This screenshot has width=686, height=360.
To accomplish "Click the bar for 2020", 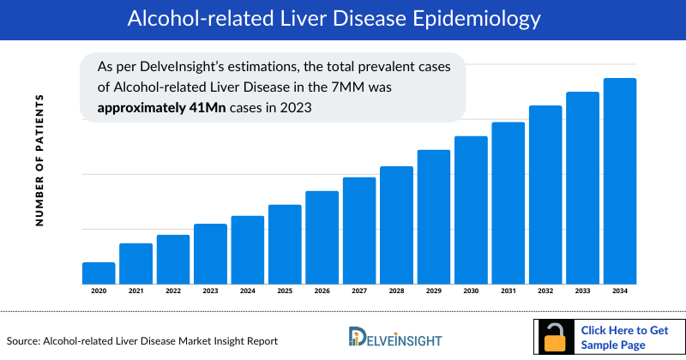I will pos(99,273).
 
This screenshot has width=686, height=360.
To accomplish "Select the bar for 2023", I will pos(210,254).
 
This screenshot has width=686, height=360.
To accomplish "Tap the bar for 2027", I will pos(359,231).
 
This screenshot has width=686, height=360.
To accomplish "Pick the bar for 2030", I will pos(471,210).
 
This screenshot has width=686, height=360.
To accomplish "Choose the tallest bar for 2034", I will pos(620,181).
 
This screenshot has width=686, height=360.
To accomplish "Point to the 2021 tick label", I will pos(135,292).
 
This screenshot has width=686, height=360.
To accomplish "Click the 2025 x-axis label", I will pos(285,292).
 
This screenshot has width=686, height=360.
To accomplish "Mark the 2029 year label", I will pos(434,292).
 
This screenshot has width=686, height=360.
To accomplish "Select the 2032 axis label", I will pos(545,292).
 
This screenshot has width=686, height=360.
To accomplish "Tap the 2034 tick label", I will pos(620,292).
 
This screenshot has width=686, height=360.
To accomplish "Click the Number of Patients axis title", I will pos(39,160).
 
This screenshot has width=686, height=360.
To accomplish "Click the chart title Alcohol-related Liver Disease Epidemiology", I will pos(342,19).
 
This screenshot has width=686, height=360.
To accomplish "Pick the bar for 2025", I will pos(285,244).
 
